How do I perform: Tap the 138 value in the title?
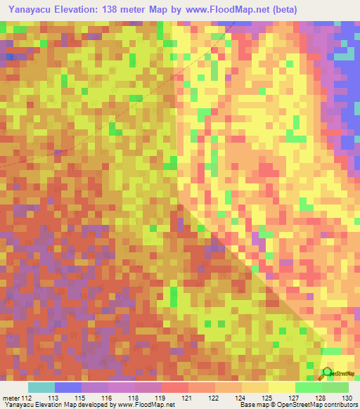tap(126, 10)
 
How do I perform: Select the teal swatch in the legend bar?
tap(41, 387)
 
